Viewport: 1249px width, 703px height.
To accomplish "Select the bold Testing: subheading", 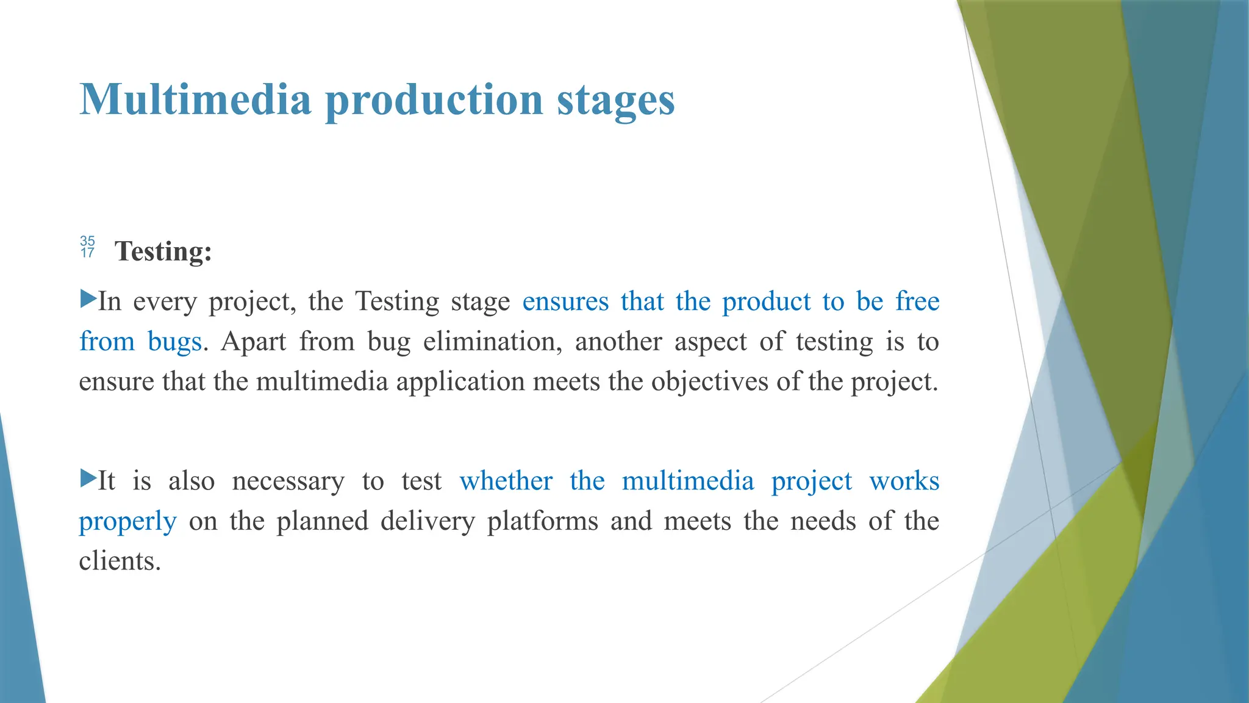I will pyautogui.click(x=163, y=251).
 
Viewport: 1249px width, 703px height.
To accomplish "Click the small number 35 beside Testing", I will pyautogui.click(x=87, y=241).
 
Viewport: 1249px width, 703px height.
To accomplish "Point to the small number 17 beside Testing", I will pyautogui.click(x=87, y=253).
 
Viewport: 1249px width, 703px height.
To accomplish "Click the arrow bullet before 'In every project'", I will pyautogui.click(x=88, y=299).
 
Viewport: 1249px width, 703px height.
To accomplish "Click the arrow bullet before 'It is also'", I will pyautogui.click(x=88, y=478).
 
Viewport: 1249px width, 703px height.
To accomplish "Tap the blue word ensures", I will pyautogui.click(x=565, y=302).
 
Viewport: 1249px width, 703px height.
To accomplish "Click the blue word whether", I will pyautogui.click(x=506, y=481).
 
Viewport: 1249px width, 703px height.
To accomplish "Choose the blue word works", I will pyautogui.click(x=904, y=481).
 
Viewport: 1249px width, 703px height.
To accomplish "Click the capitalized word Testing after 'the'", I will pyautogui.click(x=396, y=302).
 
